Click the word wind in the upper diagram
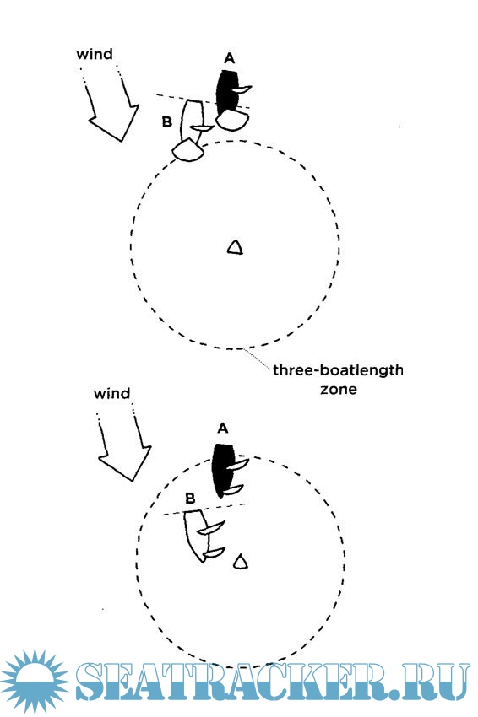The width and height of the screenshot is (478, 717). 95,55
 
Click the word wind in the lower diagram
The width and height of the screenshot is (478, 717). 111,394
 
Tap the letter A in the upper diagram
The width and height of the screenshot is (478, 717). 230,58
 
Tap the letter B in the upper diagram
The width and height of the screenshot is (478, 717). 167,122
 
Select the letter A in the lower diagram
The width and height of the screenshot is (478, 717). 222,429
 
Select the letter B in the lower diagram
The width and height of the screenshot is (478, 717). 190,498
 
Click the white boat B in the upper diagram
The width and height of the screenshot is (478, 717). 192,121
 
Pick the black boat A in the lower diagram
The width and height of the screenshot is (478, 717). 224,471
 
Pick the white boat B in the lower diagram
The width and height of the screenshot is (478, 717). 196,535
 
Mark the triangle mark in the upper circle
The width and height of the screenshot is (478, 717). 235,247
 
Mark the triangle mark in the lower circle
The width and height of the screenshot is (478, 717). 241,562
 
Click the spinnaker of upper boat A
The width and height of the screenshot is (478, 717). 232,121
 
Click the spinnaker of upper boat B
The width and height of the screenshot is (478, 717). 187,150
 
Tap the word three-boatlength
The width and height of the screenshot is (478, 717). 338,369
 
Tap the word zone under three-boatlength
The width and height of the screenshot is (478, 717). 339,390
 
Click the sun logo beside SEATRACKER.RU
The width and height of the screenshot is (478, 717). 35,682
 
